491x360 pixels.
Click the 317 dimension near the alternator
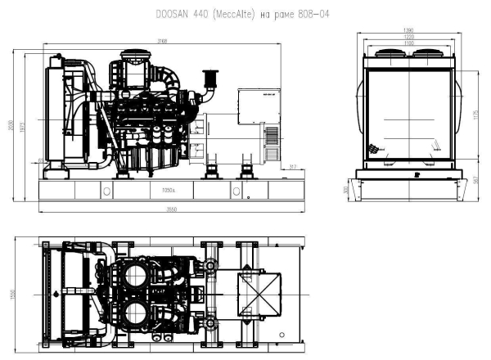point(293,169)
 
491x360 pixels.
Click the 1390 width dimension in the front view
point(408,30)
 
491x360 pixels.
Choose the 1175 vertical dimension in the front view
point(475,115)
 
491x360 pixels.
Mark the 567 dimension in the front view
point(475,181)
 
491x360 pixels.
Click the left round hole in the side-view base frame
point(106,191)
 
